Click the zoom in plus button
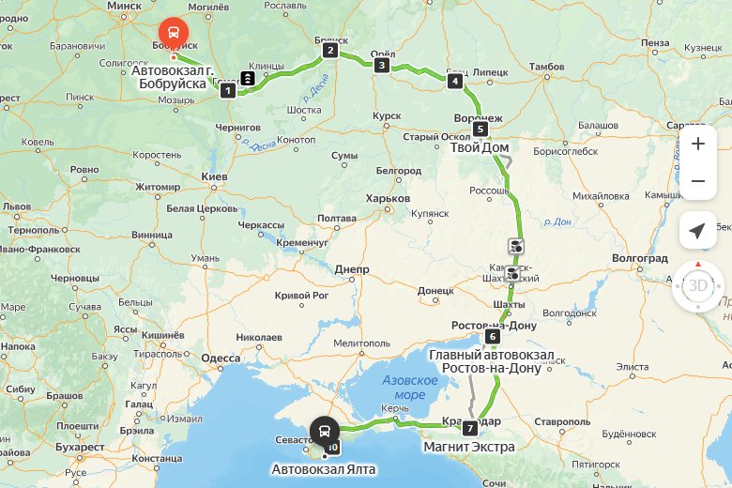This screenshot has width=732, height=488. click(697, 145)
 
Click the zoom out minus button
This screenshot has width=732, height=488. click(697, 181)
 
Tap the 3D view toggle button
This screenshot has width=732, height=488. click(697, 285)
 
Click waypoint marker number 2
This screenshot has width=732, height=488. click(330, 51)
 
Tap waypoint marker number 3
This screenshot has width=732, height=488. click(381, 65)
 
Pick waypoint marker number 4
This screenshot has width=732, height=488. click(455, 82)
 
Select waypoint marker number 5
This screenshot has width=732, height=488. click(480, 130)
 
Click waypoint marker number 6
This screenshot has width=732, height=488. click(493, 337)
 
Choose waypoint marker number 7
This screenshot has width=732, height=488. click(469, 428)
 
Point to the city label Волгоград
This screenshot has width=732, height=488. click(639, 258)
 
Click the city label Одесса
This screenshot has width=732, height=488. click(221, 358)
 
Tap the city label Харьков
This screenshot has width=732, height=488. click(388, 198)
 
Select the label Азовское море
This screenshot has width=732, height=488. click(410, 388)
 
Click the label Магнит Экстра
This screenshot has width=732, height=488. click(469, 448)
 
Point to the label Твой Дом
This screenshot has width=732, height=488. click(480, 148)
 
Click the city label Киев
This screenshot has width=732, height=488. click(215, 176)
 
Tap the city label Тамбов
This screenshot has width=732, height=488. click(546, 67)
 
